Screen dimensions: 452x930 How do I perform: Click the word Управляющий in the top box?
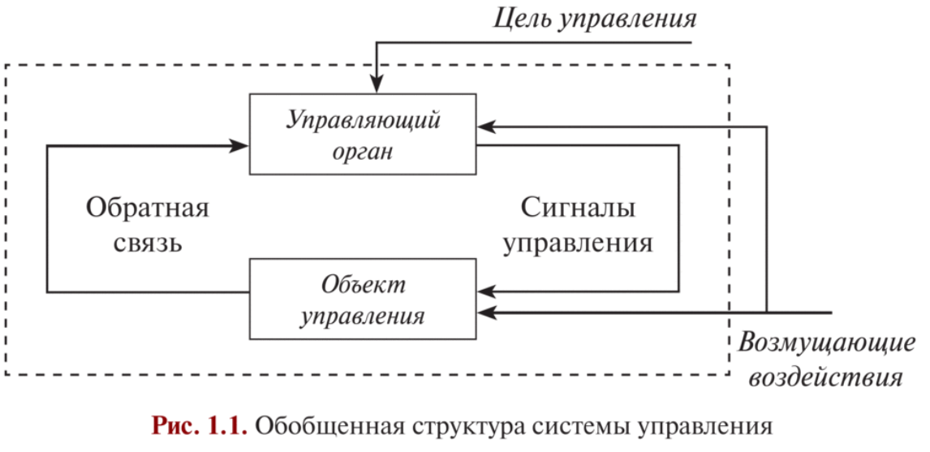[x=363, y=122]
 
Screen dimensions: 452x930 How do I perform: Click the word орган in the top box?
[x=363, y=152]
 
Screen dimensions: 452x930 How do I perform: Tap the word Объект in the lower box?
[x=363, y=286]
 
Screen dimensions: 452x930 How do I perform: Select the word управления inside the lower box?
[x=363, y=316]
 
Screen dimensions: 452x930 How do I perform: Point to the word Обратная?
[x=147, y=209]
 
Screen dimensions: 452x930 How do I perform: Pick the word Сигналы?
[x=577, y=209]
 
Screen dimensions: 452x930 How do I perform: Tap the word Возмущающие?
[x=827, y=344]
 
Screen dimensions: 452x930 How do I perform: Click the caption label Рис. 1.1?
[x=198, y=427]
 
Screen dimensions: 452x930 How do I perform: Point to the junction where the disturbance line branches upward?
[x=766, y=312]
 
